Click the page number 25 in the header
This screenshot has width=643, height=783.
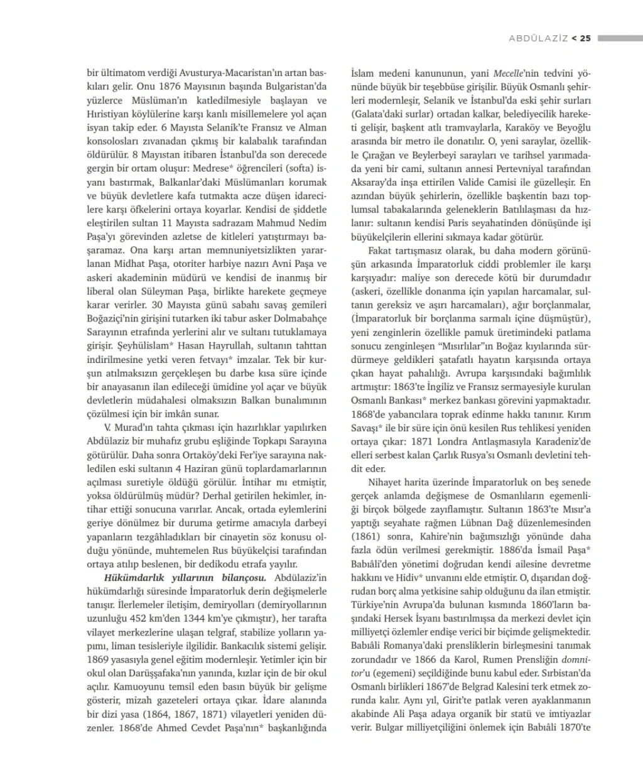click(585, 38)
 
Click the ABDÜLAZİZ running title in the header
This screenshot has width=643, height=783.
click(538, 38)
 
